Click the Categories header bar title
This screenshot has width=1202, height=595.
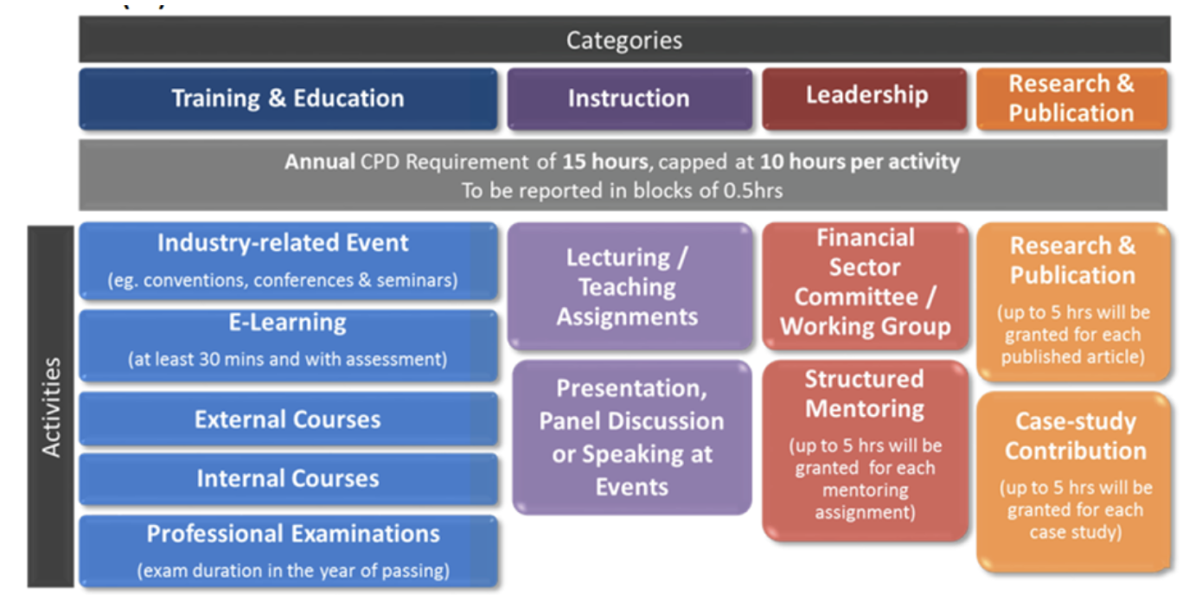click(x=623, y=40)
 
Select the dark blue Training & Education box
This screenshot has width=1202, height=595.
click(x=288, y=99)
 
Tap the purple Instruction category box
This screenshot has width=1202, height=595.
click(x=629, y=99)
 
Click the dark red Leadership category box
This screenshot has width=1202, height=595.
click(x=866, y=96)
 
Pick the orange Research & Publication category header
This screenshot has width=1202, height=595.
click(x=1071, y=99)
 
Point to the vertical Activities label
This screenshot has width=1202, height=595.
click(x=52, y=406)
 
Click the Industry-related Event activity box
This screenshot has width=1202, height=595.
click(x=288, y=259)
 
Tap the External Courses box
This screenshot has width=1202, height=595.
click(x=288, y=419)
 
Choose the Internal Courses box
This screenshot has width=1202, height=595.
click(x=288, y=478)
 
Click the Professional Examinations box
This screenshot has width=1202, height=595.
click(x=288, y=549)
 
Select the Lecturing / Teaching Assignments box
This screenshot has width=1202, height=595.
click(x=628, y=286)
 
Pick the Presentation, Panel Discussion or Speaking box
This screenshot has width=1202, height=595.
click(x=631, y=438)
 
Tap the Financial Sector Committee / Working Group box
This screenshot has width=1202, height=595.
click(x=865, y=283)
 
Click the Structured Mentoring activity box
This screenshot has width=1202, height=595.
click(x=865, y=450)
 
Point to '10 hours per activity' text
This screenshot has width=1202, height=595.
click(x=860, y=162)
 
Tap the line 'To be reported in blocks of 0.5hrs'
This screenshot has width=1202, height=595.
click(x=622, y=190)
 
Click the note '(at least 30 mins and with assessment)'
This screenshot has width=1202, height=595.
click(x=288, y=359)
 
